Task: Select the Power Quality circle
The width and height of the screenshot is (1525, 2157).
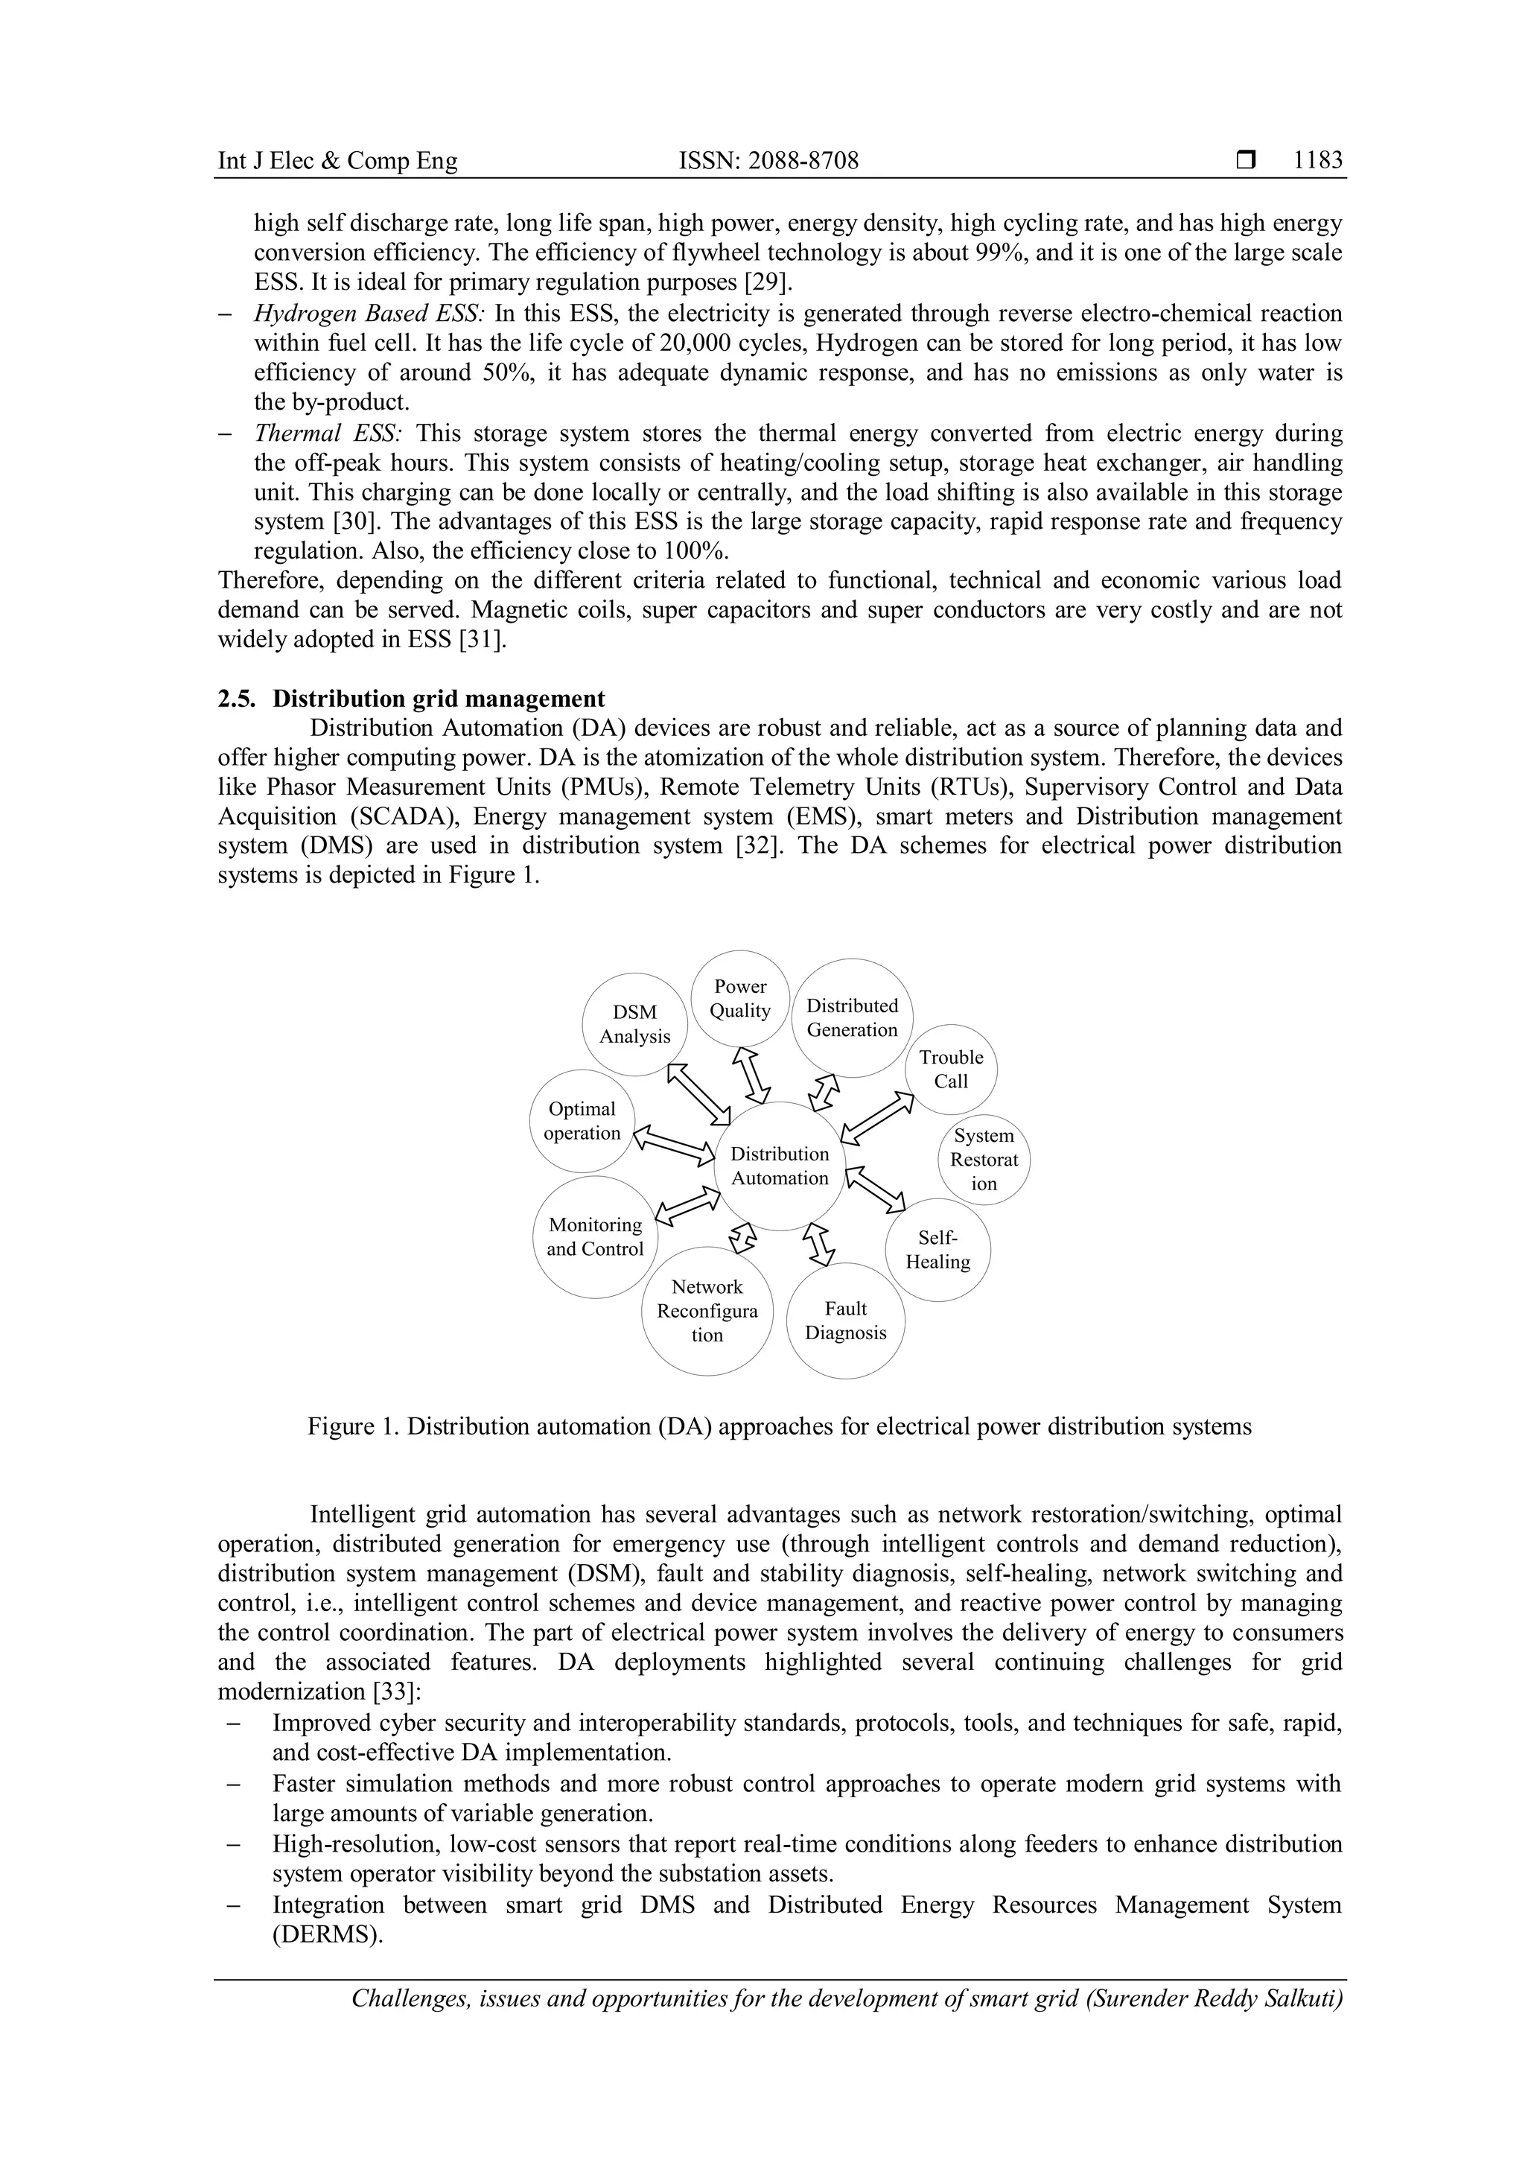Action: coord(740,999)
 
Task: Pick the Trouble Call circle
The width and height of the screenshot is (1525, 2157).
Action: coord(950,1069)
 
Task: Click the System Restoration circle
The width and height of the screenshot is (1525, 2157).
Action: coord(983,1159)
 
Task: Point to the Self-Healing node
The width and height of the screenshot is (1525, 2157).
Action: coord(937,1250)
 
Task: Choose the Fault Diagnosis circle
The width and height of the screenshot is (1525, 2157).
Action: coord(845,1320)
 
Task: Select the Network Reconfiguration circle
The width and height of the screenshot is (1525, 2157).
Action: coord(707,1311)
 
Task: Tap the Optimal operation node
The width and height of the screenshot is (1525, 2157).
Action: coord(582,1121)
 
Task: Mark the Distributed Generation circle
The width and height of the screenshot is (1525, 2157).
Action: coord(852,1017)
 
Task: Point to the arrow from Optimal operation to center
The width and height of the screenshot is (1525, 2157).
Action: coord(674,1144)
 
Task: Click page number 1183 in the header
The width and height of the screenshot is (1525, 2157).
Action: coord(1317,161)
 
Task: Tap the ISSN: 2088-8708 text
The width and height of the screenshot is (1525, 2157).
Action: coord(768,161)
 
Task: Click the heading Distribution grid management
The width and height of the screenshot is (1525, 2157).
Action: coord(439,698)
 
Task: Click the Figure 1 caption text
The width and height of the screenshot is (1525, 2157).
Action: coord(780,1426)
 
